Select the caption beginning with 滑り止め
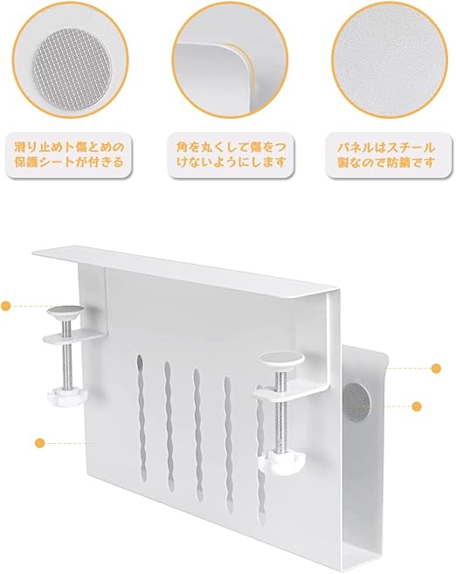(x=70, y=156)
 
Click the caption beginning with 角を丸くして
(x=231, y=156)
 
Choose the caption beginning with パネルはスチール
(x=386, y=156)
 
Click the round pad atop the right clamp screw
(x=281, y=359)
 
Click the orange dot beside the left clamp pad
(x=6, y=305)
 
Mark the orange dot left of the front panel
(x=40, y=443)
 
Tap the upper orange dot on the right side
(x=436, y=369)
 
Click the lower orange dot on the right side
(x=417, y=406)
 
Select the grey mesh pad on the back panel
(x=358, y=403)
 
